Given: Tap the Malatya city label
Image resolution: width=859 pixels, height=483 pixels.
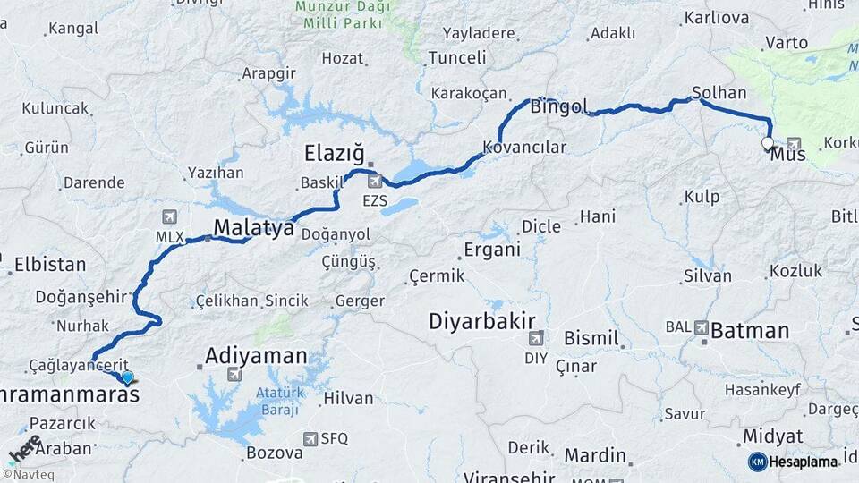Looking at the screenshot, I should point(253,227).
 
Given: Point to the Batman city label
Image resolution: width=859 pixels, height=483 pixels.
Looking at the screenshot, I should point(750,330).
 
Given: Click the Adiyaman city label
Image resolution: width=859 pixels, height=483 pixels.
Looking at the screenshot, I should point(256,355).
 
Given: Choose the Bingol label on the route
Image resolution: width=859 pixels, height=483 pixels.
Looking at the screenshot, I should point(559,107).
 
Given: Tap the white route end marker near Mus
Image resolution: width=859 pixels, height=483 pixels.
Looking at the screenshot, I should point(768,143).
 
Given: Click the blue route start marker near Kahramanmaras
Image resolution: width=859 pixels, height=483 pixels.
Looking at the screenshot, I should point(128,378).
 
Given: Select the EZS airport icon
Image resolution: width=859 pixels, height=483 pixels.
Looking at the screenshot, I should point(375,182).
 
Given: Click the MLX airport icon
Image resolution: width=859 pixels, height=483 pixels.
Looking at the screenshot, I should point(169,217).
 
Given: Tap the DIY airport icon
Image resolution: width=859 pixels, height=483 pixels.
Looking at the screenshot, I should point(536,338).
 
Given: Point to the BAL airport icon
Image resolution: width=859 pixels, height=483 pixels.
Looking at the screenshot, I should point(701,327).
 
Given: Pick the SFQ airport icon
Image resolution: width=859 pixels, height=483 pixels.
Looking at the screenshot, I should point(310,438).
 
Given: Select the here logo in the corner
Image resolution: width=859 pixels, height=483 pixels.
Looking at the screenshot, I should point(24,449).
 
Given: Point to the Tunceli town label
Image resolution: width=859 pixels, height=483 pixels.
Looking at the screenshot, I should point(456,57).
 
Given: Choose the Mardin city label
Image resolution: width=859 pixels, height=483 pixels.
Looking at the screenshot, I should point(595,455).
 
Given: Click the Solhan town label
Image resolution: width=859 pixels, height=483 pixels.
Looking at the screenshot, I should point(719,93).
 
